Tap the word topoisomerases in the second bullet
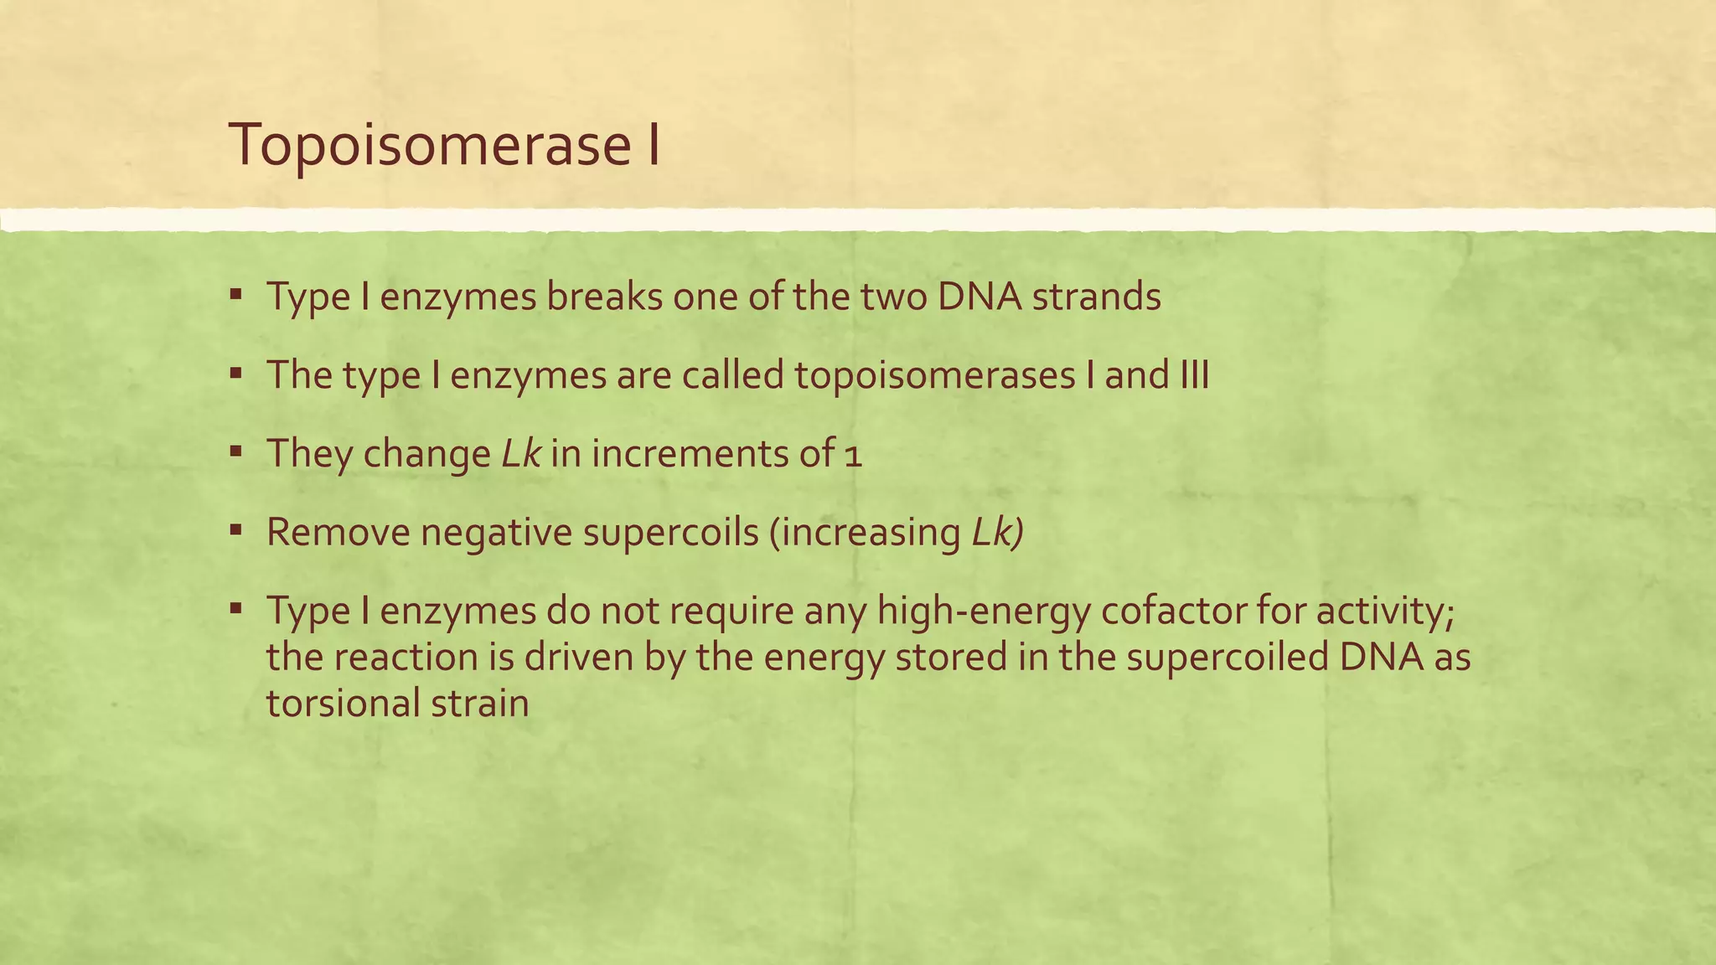[934, 376]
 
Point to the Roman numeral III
[1193, 375]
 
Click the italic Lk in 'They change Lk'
[520, 454]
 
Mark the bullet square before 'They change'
[236, 452]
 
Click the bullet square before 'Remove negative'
[236, 529]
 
